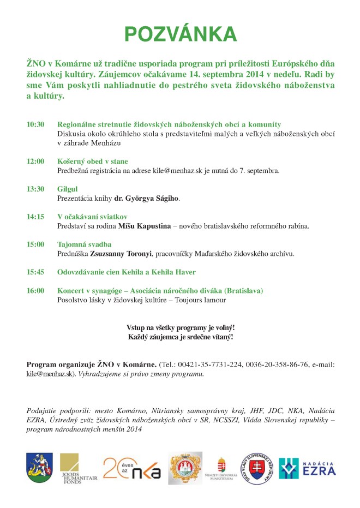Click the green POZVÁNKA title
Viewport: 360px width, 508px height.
(x=180, y=34)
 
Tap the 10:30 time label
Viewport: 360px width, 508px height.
(x=35, y=124)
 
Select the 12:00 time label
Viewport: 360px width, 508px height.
(x=35, y=162)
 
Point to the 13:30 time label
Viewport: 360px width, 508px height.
(x=35, y=189)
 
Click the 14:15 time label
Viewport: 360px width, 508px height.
(x=35, y=217)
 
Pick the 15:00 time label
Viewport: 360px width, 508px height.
(x=35, y=244)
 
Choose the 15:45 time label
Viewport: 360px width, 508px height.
(x=35, y=272)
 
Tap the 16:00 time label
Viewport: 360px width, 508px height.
(x=35, y=291)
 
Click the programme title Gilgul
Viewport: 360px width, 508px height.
(x=67, y=189)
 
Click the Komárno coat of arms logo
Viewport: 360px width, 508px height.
(x=40, y=468)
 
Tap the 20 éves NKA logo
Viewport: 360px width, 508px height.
(x=131, y=468)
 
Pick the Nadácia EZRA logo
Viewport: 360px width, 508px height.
(x=307, y=468)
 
